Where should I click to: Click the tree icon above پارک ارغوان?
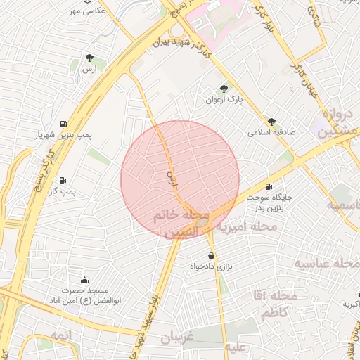click(224, 89)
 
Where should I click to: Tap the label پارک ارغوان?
click(224, 100)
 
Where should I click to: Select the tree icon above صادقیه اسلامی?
click(271, 121)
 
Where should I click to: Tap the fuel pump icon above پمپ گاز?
click(63, 180)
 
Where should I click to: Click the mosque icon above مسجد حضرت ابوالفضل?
click(85, 280)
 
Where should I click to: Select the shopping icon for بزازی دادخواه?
click(211, 255)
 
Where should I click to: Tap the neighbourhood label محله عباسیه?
click(326, 264)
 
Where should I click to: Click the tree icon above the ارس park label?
click(89, 58)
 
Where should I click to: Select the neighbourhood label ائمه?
click(61, 337)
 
